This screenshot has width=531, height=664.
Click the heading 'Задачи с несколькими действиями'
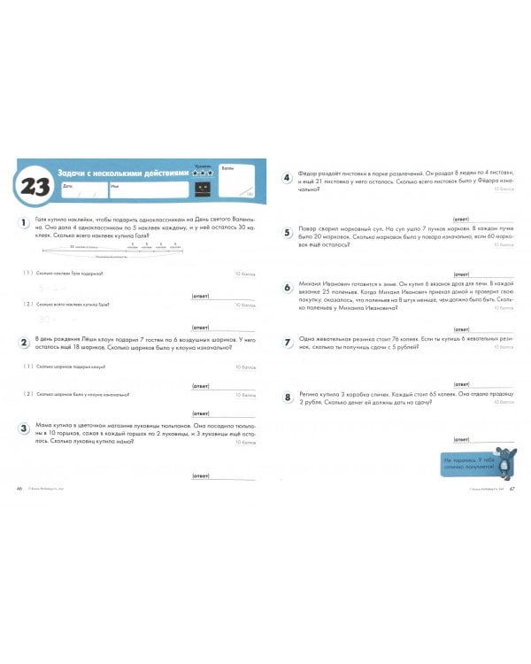click(121, 173)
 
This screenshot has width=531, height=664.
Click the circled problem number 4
click(287, 177)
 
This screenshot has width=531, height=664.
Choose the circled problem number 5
click(287, 232)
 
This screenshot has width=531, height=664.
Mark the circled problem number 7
click(287, 342)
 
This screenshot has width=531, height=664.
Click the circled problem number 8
click(287, 398)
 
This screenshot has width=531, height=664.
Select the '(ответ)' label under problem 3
click(200, 475)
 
